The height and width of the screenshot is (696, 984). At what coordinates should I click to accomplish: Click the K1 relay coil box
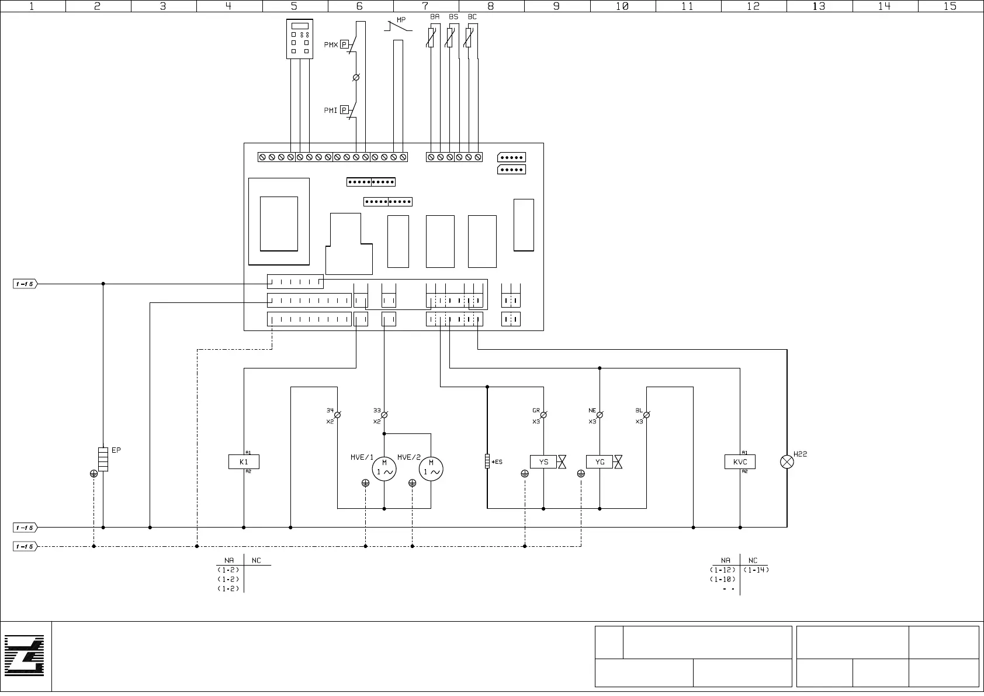pyautogui.click(x=244, y=462)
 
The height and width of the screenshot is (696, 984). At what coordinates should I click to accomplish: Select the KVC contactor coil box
pyautogui.click(x=740, y=462)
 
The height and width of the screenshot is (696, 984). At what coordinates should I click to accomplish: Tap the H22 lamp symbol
pyautogui.click(x=787, y=462)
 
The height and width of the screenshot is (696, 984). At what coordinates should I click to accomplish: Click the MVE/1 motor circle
pyautogui.click(x=384, y=469)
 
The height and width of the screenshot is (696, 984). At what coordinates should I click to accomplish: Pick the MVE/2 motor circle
pyautogui.click(x=431, y=469)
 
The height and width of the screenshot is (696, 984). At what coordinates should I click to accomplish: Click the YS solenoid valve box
pyautogui.click(x=543, y=462)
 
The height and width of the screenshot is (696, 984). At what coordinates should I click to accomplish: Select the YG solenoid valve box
pyautogui.click(x=600, y=462)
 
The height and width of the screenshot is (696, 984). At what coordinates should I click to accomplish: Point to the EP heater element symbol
pyautogui.click(x=103, y=459)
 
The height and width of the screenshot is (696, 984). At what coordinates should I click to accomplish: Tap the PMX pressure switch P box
pyautogui.click(x=344, y=44)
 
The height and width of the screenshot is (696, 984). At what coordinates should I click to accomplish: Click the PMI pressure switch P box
pyautogui.click(x=344, y=110)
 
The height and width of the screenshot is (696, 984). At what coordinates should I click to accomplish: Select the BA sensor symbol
pyautogui.click(x=431, y=38)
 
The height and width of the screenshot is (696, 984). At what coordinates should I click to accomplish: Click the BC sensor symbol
pyautogui.click(x=469, y=38)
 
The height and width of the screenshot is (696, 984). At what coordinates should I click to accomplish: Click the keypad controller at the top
pyautogui.click(x=300, y=39)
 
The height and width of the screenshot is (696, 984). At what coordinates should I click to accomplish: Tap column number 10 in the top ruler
pyautogui.click(x=622, y=6)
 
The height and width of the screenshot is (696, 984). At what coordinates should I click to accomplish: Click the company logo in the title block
pyautogui.click(x=25, y=656)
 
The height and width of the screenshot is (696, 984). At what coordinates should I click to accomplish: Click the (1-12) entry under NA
pyautogui.click(x=723, y=570)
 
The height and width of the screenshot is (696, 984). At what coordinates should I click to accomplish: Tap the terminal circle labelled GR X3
pyautogui.click(x=543, y=415)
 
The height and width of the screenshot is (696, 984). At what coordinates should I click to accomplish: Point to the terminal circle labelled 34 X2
pyautogui.click(x=337, y=415)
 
